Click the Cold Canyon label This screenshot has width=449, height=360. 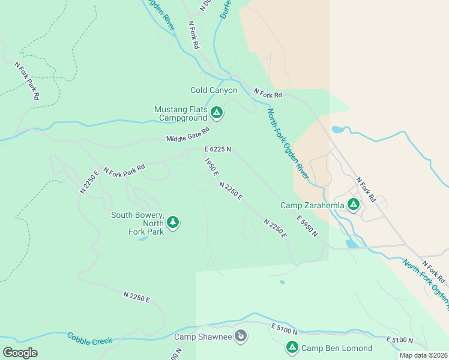click(214, 91)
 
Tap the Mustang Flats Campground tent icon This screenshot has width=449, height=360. click(217, 112)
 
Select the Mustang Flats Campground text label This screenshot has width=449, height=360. click(180, 113)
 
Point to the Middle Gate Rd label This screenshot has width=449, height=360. click(188, 135)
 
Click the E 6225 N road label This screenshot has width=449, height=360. click(217, 149)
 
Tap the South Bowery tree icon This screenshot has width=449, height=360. click(173, 223)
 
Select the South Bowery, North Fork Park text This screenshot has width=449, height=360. click(137, 223)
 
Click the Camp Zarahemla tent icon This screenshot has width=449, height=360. click(354, 205)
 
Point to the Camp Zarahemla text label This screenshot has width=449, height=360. click(312, 205)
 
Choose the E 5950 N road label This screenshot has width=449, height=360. click(306, 226)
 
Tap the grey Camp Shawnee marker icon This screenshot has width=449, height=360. click(241, 336)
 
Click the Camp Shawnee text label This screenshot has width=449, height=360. click(203, 337)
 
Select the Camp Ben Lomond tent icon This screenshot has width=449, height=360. click(292, 347)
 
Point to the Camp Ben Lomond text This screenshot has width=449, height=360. click(336, 348)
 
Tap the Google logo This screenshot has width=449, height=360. click(20, 353)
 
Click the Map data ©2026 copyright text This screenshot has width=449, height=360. click(423, 355)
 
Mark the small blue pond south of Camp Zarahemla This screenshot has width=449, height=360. click(351, 244)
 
